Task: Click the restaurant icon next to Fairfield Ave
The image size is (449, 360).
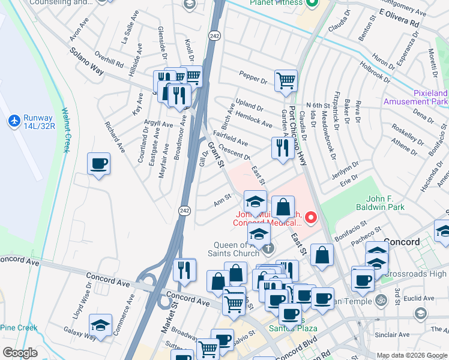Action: [x=282, y=147]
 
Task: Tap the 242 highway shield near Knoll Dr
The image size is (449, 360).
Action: [x=214, y=37]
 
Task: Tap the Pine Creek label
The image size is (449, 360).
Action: [x=19, y=328]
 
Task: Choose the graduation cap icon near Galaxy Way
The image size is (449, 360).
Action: [x=101, y=325]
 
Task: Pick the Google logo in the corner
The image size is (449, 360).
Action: [x=20, y=352]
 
